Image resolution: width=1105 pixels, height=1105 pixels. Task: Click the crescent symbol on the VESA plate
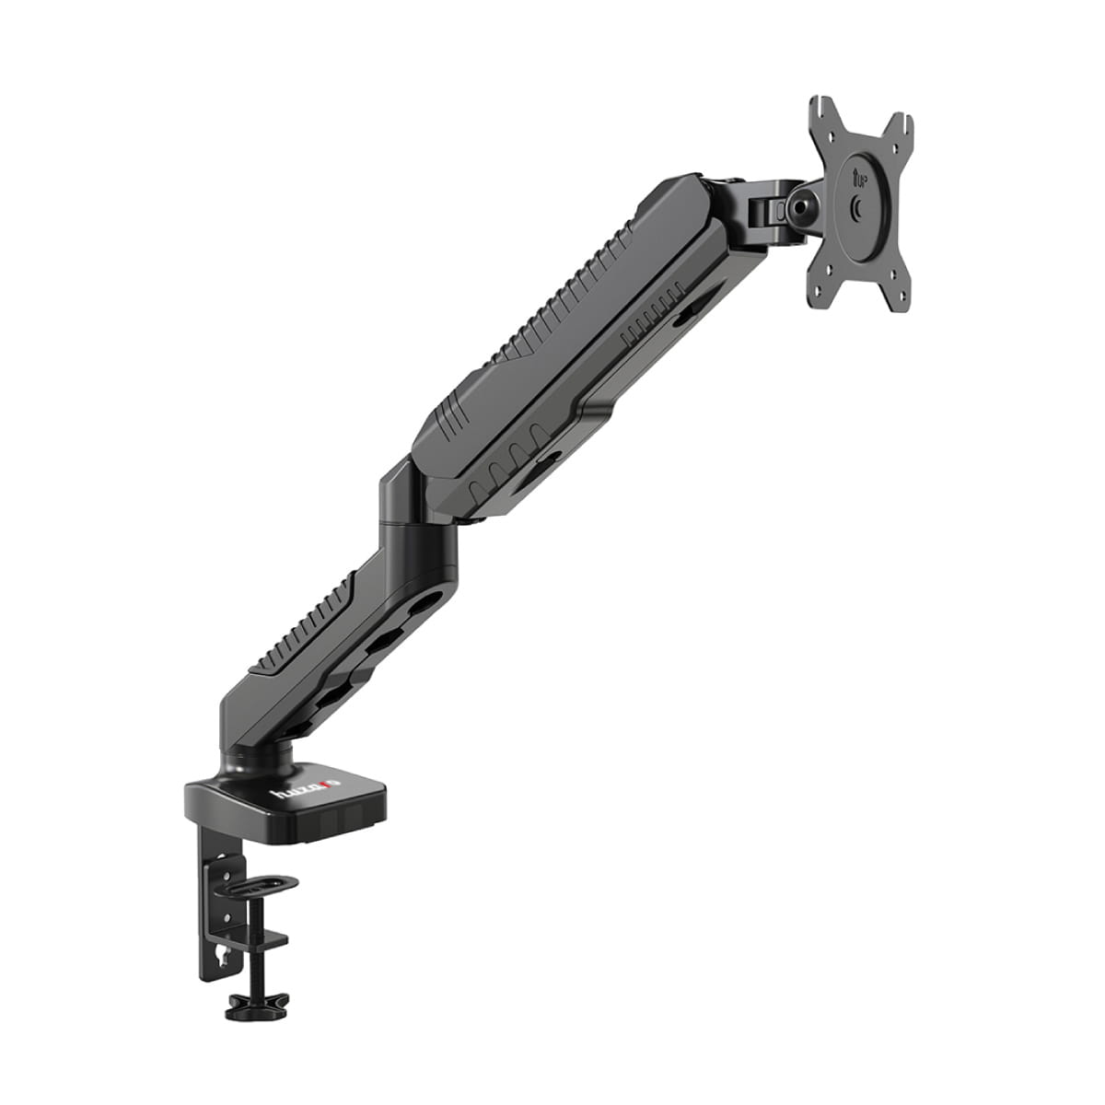858,210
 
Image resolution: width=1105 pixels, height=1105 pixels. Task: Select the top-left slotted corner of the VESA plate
822,114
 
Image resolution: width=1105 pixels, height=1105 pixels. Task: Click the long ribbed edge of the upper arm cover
571,295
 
